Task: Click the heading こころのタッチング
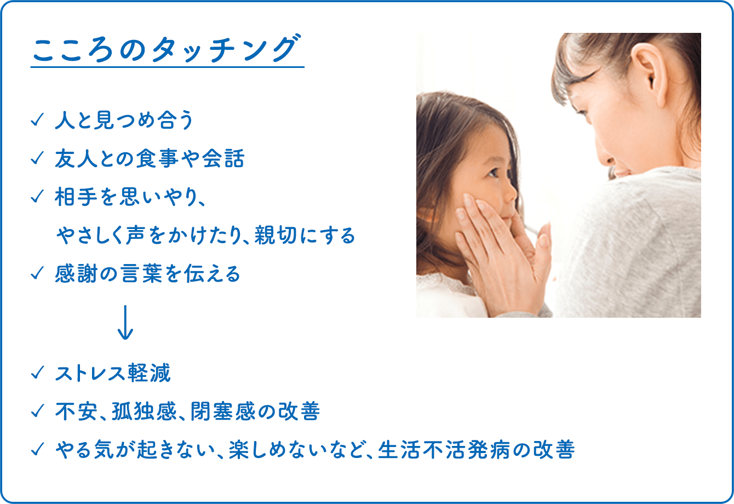tap(167, 50)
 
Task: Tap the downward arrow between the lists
tap(125, 323)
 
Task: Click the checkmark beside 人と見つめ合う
tap(37, 121)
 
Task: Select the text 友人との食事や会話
tap(149, 159)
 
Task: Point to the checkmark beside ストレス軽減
tap(37, 374)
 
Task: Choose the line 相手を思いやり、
tap(130, 198)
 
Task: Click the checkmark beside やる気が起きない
tap(37, 450)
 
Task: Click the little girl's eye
tap(491, 172)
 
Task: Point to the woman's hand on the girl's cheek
tap(496, 241)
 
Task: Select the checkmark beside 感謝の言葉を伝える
tap(37, 274)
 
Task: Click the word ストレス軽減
tap(113, 374)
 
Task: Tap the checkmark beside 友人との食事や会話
tap(37, 159)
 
